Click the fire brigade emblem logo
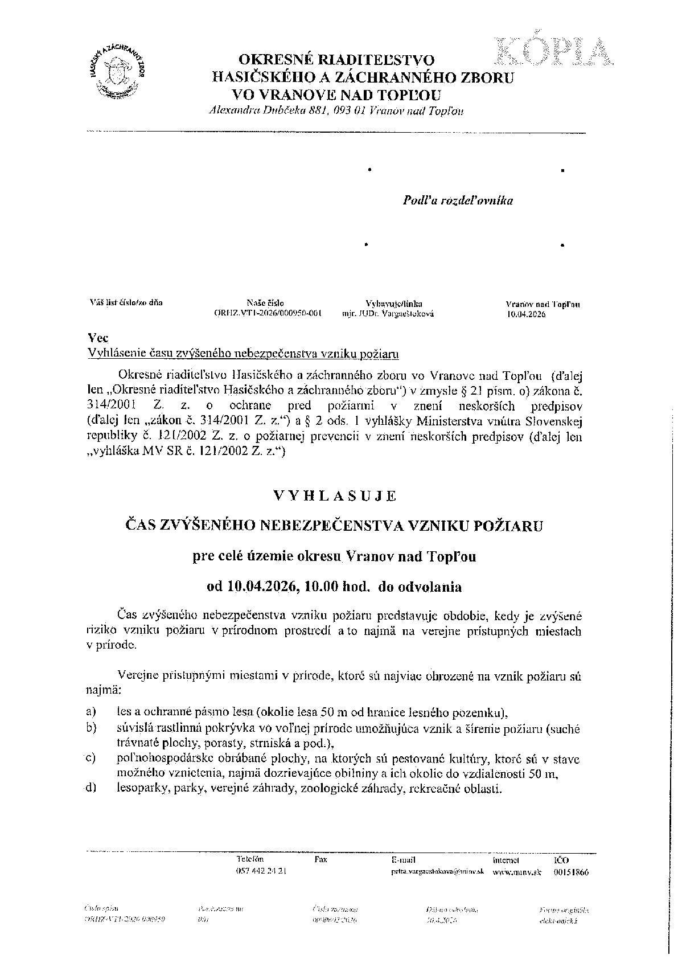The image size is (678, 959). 118,71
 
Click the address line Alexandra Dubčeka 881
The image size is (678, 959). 336,110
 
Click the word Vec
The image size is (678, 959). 95,338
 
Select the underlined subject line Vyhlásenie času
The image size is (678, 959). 243,354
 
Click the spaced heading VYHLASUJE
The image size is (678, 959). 335,495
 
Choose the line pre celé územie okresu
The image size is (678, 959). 334,556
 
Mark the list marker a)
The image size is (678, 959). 90,712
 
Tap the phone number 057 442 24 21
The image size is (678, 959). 260,872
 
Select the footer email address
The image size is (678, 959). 437,872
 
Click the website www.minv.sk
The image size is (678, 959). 516,872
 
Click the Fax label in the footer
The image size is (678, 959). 320,859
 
